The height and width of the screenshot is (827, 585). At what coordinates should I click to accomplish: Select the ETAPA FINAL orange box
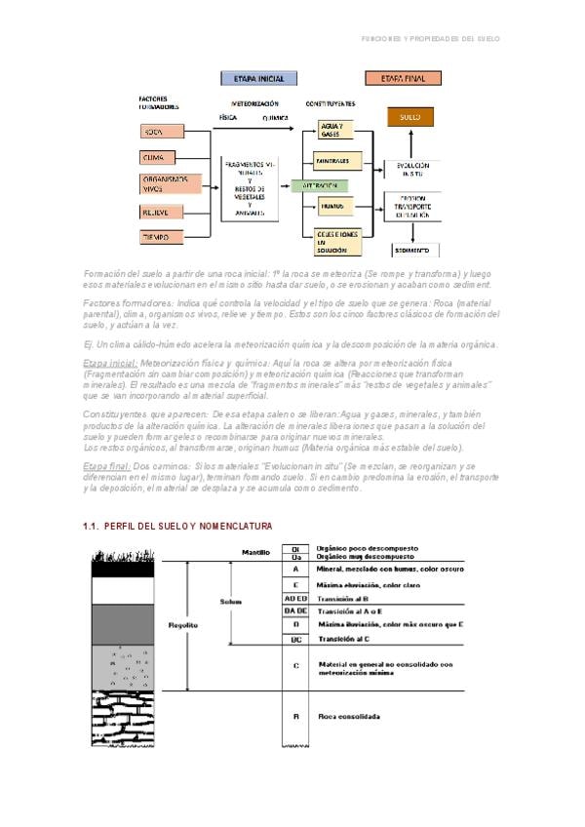tap(402, 78)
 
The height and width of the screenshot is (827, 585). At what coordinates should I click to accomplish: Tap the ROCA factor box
tap(157, 132)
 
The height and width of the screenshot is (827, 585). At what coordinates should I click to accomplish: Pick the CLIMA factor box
tap(157, 158)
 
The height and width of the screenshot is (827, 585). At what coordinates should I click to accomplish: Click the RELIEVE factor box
tap(157, 212)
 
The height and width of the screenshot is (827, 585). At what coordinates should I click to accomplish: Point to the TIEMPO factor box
tap(157, 237)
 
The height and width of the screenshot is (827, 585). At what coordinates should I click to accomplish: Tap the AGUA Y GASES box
tap(333, 132)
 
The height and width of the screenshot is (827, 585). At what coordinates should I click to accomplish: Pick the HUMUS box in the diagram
tap(333, 207)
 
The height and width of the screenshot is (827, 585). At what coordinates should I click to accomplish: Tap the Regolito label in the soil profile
tap(184, 624)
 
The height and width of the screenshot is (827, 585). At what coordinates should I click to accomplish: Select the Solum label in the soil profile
tap(230, 602)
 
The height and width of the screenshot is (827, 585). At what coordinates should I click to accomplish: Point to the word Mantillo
tap(255, 553)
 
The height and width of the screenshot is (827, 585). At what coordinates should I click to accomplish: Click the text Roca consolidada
tap(349, 716)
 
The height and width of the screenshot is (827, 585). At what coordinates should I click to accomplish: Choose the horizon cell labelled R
tap(295, 716)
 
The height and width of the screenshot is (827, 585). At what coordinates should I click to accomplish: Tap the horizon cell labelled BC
tap(295, 639)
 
